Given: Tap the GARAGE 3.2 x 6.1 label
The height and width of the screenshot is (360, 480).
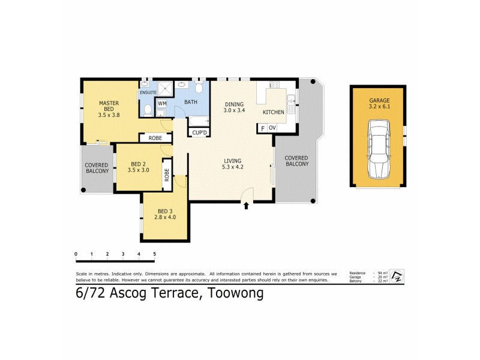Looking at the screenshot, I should point(379,104).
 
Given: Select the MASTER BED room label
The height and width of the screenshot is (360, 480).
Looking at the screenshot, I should point(109,107).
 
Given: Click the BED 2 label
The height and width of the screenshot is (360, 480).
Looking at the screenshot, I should point(138,166).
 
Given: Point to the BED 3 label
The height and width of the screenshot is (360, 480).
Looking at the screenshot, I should point(164,214).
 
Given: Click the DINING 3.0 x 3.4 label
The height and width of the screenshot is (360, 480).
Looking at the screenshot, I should point(235,107).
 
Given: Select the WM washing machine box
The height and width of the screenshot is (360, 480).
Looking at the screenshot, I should point(162,103).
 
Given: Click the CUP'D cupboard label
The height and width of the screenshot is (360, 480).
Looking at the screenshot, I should point(199,132).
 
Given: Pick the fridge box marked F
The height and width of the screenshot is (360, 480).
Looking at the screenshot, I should point(262,128).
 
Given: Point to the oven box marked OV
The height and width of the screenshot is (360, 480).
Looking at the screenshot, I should point(272,128).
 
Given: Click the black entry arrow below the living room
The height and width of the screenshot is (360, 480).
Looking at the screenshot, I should point(247,206).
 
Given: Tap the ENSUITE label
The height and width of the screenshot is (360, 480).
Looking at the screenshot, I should point(148,92).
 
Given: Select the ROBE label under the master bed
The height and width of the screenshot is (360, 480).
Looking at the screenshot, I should point(155,138).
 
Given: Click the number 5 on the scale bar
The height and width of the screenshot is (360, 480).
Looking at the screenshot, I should point(154,254).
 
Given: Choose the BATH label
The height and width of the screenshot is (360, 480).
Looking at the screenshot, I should point(191,103).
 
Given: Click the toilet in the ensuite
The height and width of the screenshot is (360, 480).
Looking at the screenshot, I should point(148,110).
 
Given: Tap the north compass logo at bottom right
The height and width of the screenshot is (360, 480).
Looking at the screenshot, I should point(397,277).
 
